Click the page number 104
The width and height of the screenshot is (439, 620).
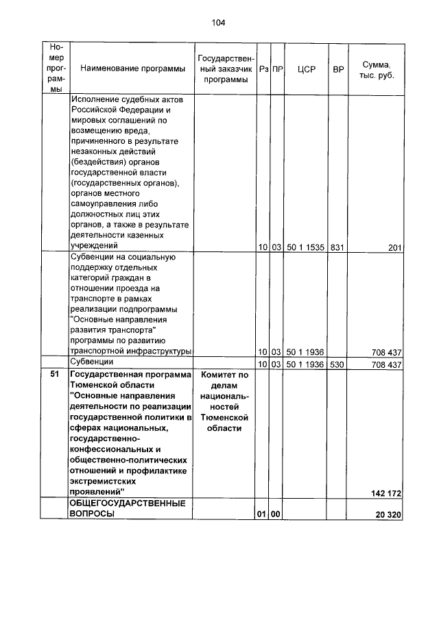pyautogui.click(x=218, y=23)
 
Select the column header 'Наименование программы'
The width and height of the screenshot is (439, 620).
pyautogui.click(x=132, y=69)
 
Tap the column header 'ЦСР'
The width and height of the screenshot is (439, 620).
pyautogui.click(x=306, y=69)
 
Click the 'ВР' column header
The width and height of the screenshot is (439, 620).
pyautogui.click(x=337, y=69)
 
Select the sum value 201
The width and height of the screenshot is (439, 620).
pyautogui.click(x=394, y=247)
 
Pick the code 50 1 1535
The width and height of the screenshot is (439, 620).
pyautogui.click(x=306, y=247)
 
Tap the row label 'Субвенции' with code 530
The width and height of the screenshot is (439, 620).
pyautogui.click(x=92, y=362)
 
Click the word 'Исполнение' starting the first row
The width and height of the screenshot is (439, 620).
pyautogui.click(x=94, y=99)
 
